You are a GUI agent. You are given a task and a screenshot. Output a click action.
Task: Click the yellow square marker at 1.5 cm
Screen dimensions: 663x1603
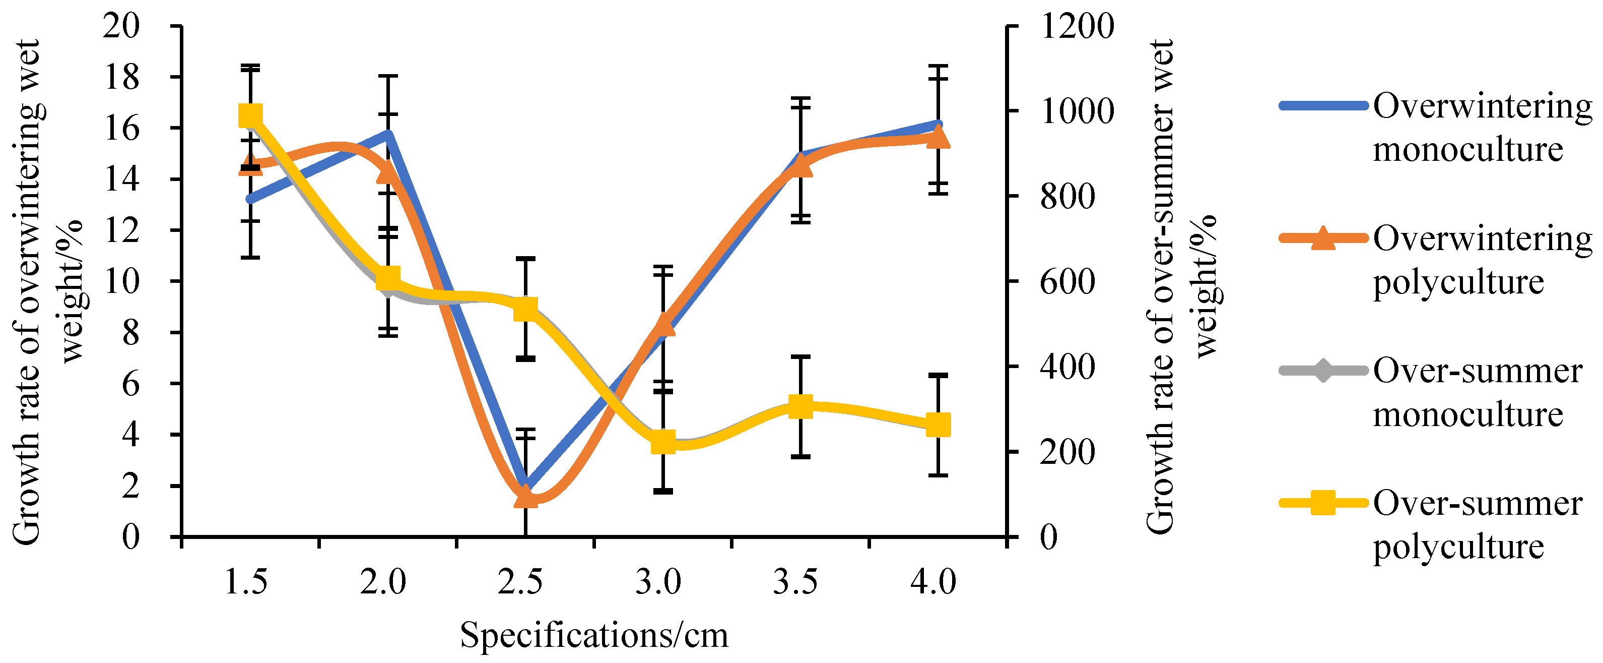250,116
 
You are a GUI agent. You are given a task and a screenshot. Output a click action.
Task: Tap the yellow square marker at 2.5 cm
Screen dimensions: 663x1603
525,309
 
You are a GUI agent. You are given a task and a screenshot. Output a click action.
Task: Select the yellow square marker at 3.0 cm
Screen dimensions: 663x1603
663,443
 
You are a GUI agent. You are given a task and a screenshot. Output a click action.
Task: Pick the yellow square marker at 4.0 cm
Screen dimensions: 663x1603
939,426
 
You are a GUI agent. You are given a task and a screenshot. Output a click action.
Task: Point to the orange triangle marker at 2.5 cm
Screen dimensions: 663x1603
525,498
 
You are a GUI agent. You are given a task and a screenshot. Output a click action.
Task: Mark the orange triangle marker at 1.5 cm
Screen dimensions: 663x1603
250,165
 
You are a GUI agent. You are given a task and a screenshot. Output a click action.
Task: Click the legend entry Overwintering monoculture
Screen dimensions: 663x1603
1481,128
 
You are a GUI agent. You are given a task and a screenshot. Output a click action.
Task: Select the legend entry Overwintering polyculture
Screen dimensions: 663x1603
1481,260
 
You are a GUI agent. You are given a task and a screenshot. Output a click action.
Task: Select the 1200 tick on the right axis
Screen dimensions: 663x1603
1077,26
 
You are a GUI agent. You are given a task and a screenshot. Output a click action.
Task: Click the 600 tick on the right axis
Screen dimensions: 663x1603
1066,281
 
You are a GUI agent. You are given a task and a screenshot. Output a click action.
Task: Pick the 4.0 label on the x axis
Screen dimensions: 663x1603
933,582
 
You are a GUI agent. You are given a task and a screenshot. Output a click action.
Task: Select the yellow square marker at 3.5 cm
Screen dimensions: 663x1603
800,407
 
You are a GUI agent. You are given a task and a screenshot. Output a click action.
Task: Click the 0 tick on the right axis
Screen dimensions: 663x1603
1049,536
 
